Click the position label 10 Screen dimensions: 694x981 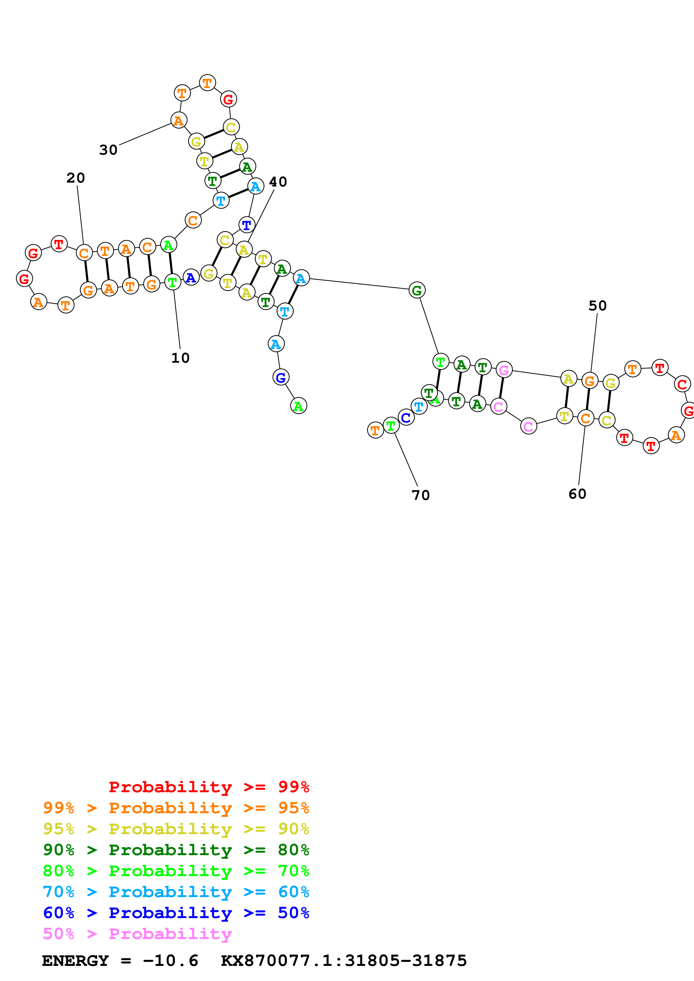[x=180, y=358]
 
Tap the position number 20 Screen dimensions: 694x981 [x=76, y=178]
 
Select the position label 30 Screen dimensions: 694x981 [x=108, y=150]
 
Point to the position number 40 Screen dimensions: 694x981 [x=278, y=181]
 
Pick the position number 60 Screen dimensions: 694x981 [x=577, y=494]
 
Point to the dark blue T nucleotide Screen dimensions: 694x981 [x=247, y=225]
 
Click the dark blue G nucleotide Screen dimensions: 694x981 [x=281, y=377]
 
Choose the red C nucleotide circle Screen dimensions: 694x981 [x=682, y=385]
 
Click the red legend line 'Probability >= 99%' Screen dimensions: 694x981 [x=209, y=787]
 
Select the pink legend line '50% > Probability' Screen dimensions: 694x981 [x=137, y=934]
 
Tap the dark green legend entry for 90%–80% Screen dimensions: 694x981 [x=176, y=850]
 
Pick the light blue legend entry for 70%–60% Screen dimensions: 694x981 [x=176, y=892]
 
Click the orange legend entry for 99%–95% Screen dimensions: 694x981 [x=176, y=808]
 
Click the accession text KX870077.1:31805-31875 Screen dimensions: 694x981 [x=344, y=961]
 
